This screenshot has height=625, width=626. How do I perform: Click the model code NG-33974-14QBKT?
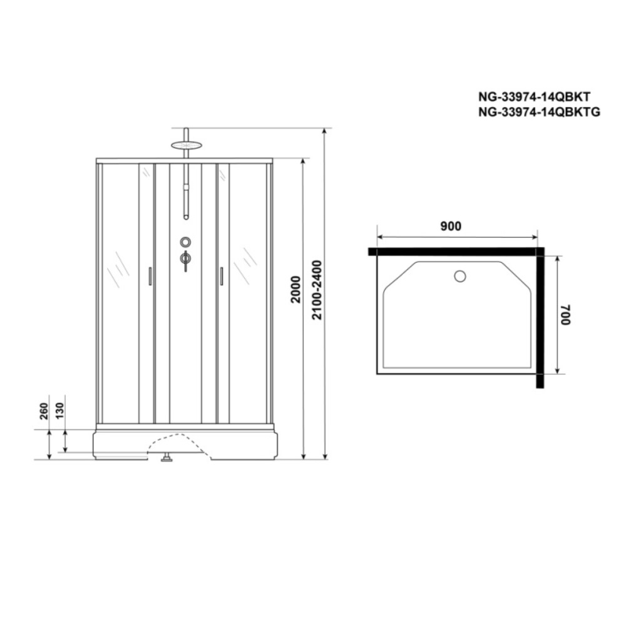pyautogui.click(x=534, y=96)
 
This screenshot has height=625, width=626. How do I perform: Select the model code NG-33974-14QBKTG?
pyautogui.click(x=539, y=112)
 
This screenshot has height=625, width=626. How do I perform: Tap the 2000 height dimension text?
pyautogui.click(x=295, y=289)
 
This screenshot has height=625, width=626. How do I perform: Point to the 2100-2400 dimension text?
pyautogui.click(x=317, y=290)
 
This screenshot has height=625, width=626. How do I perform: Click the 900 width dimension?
pyautogui.click(x=451, y=226)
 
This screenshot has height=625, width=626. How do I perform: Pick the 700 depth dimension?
pyautogui.click(x=566, y=315)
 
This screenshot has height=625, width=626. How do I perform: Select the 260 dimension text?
pyautogui.click(x=44, y=411)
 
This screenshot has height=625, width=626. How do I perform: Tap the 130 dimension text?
pyautogui.click(x=59, y=411)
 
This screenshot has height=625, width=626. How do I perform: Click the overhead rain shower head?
pyautogui.click(x=187, y=145)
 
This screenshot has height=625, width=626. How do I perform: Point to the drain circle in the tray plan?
pyautogui.click(x=460, y=276)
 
